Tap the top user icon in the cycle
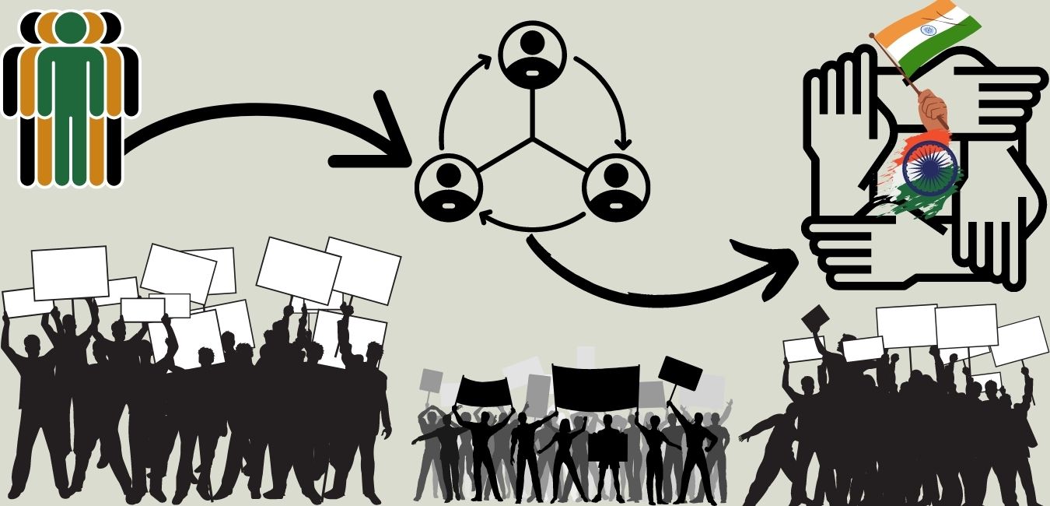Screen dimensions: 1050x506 pos(533,55)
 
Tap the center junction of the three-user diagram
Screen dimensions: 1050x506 pos(533,140)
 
